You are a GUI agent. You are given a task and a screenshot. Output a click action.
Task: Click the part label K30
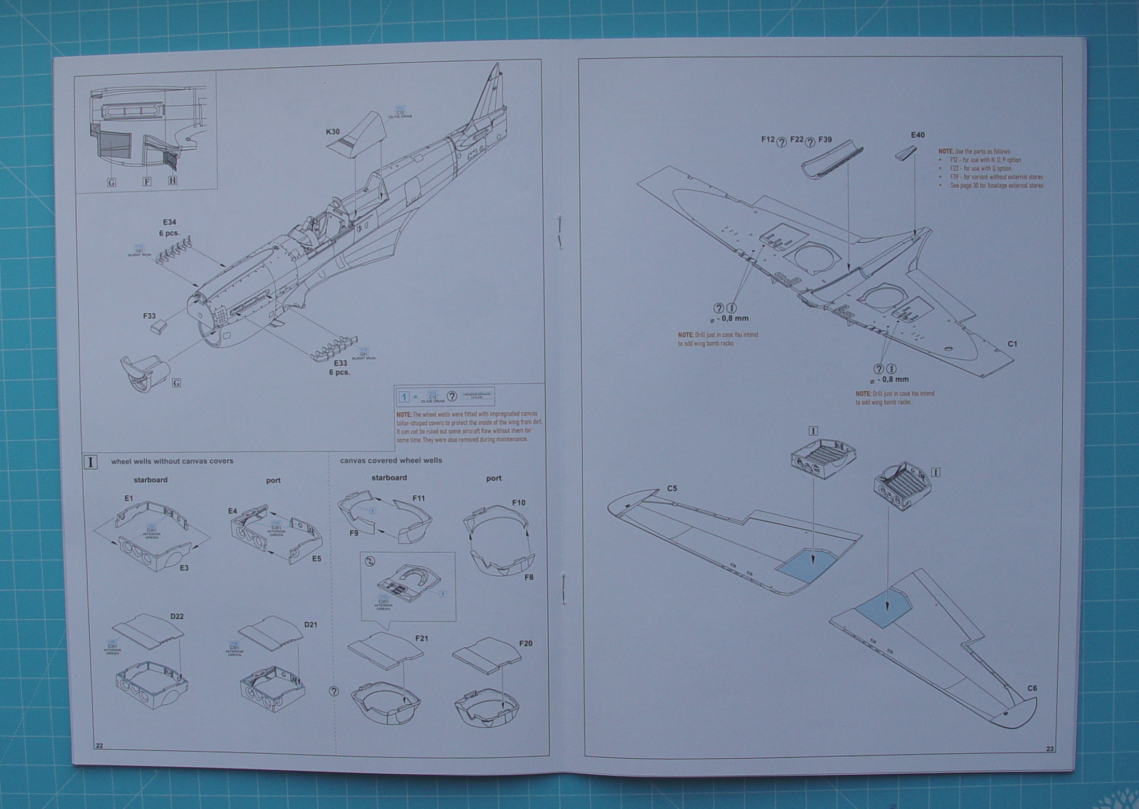(333, 132)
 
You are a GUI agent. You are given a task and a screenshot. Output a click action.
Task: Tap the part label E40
(918, 135)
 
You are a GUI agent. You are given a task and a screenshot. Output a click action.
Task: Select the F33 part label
(149, 316)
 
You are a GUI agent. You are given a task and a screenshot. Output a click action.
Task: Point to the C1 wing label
(1012, 344)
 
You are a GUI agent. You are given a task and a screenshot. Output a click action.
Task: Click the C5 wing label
(672, 489)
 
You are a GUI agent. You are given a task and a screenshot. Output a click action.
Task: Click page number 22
(99, 746)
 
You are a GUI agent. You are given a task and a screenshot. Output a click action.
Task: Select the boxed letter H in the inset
(172, 180)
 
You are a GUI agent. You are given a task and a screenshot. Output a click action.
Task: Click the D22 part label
(176, 617)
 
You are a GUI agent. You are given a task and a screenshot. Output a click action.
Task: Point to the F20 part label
(525, 644)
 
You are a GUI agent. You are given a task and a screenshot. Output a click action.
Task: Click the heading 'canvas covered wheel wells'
(391, 461)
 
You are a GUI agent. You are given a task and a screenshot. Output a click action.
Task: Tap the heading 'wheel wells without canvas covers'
(172, 461)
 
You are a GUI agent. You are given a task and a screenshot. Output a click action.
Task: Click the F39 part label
(825, 140)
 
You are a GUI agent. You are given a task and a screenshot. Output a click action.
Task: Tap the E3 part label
(184, 568)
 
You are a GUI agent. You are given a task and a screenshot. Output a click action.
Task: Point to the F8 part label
(529, 577)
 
